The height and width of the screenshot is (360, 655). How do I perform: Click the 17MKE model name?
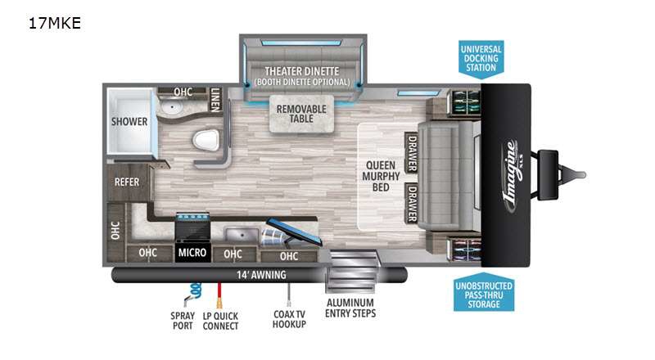click(54, 23)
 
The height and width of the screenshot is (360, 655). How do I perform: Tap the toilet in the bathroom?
click(206, 140)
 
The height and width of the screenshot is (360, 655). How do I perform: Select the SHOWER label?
click(129, 122)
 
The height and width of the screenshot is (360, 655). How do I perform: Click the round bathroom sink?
click(171, 108)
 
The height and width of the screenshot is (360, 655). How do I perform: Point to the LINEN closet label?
click(215, 100)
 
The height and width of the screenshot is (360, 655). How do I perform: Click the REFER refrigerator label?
click(127, 182)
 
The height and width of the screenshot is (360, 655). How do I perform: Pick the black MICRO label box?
click(192, 252)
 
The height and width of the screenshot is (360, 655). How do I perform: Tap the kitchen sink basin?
click(242, 234)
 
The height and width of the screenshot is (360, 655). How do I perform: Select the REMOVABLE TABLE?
click(301, 114)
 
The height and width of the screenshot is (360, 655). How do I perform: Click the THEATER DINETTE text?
click(301, 71)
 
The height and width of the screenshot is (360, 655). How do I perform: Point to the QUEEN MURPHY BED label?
click(381, 176)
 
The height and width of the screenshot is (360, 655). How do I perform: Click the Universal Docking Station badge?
click(481, 59)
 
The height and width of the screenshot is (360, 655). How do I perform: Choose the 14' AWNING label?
click(261, 275)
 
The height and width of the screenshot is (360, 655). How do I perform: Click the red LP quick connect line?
click(219, 295)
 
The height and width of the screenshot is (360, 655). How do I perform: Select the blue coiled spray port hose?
click(194, 291)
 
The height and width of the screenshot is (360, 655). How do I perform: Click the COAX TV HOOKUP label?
click(289, 319)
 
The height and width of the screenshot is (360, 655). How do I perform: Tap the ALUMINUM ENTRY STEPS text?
click(350, 308)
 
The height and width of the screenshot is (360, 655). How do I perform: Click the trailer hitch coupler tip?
click(584, 174)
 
